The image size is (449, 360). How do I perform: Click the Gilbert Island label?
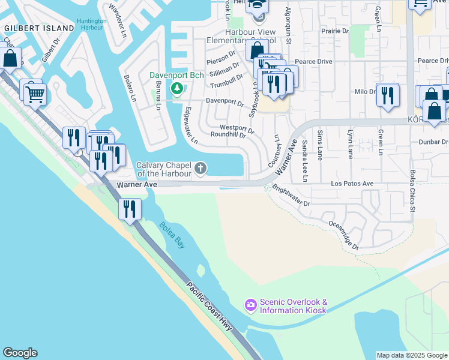click(31, 28)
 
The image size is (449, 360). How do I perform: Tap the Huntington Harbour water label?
click(92, 25)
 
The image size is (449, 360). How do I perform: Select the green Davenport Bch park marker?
click(176, 89)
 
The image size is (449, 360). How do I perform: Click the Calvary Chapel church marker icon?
click(200, 169)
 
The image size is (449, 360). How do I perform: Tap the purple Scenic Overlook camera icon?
click(250, 306)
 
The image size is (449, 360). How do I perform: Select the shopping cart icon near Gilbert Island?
click(35, 93)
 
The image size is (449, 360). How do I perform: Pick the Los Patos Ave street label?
click(352, 183)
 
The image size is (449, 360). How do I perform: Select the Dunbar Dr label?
click(433, 143)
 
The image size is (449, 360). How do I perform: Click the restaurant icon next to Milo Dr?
click(388, 94)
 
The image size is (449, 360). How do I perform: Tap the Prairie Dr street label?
click(335, 31)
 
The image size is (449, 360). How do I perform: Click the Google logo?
click(20, 353)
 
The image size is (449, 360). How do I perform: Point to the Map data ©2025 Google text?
click(411, 355)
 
